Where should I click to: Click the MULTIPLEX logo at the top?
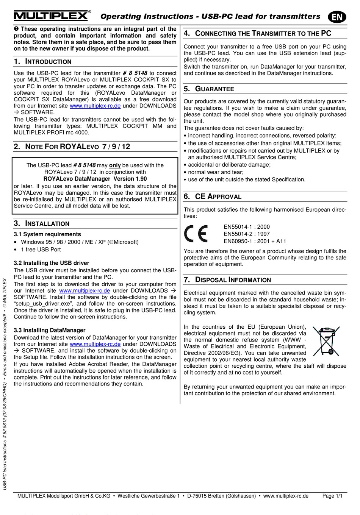click(x=52, y=16)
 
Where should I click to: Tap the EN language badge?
click(x=337, y=17)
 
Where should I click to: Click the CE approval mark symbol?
click(x=196, y=234)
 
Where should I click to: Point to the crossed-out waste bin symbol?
click(x=326, y=341)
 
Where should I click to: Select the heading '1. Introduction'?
click(x=42, y=62)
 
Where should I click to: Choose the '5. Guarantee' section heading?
click(x=209, y=89)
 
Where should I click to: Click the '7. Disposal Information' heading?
click(x=227, y=280)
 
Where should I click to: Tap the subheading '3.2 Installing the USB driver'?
click(x=52, y=263)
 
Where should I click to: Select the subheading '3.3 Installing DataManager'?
click(x=50, y=330)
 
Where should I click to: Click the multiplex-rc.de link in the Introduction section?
click(x=95, y=106)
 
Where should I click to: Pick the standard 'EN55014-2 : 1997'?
click(x=247, y=234)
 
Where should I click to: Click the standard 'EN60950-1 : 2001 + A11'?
click(x=255, y=241)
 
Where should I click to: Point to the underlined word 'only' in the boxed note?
click(x=115, y=165)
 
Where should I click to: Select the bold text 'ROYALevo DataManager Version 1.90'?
click(x=95, y=179)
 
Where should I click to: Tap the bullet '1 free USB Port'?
click(x=41, y=250)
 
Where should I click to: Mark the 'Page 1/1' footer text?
click(x=332, y=496)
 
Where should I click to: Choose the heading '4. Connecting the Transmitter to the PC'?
click(x=258, y=33)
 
